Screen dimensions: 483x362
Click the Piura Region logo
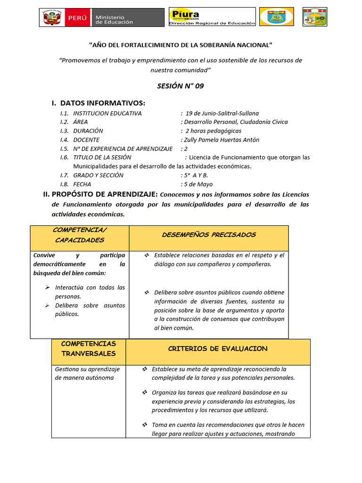click(212, 17)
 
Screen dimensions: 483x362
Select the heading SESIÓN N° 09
click(181, 86)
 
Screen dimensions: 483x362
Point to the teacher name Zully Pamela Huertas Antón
click(221, 140)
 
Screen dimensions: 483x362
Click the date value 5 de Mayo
click(197, 184)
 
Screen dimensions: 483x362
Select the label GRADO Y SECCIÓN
click(98, 175)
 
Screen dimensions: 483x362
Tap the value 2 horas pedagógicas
click(213, 131)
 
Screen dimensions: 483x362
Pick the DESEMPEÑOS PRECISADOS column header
click(209, 234)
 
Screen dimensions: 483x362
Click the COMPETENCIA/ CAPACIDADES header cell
click(80, 234)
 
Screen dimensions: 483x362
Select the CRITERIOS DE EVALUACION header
click(218, 349)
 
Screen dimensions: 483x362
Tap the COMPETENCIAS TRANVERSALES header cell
click(88, 349)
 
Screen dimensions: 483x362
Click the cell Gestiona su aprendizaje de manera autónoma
click(88, 373)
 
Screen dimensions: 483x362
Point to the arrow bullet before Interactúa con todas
click(47, 287)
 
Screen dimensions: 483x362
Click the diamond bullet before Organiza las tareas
click(145, 392)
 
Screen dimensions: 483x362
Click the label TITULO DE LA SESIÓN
click(102, 157)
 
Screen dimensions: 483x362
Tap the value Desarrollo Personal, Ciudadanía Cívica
click(236, 122)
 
